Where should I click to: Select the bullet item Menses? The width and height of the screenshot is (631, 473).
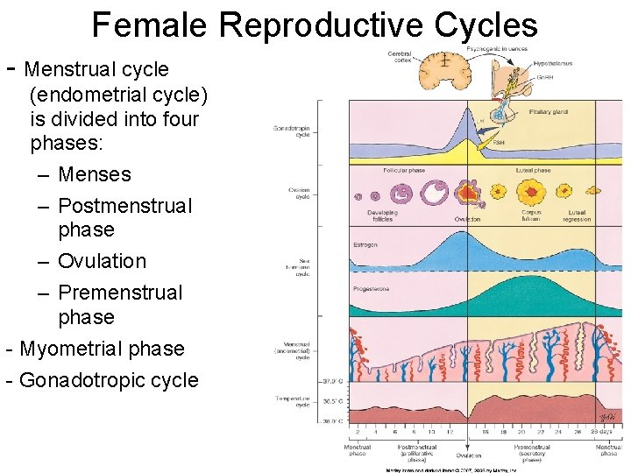click(94, 174)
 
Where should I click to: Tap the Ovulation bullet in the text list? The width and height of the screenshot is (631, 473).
click(102, 261)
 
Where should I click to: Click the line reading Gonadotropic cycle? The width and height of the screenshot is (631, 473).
click(109, 380)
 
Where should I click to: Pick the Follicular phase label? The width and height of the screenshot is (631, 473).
click(404, 170)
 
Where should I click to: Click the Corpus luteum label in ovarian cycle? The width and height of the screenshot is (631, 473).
click(531, 215)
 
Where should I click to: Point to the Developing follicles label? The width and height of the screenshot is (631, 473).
click(383, 215)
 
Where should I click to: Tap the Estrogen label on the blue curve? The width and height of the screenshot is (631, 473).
click(365, 244)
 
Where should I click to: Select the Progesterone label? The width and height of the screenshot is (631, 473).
click(372, 288)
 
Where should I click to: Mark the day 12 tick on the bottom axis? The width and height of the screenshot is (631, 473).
click(449, 432)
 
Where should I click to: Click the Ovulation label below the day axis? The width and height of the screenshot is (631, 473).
click(468, 455)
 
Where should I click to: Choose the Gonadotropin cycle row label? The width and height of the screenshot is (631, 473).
click(291, 132)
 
